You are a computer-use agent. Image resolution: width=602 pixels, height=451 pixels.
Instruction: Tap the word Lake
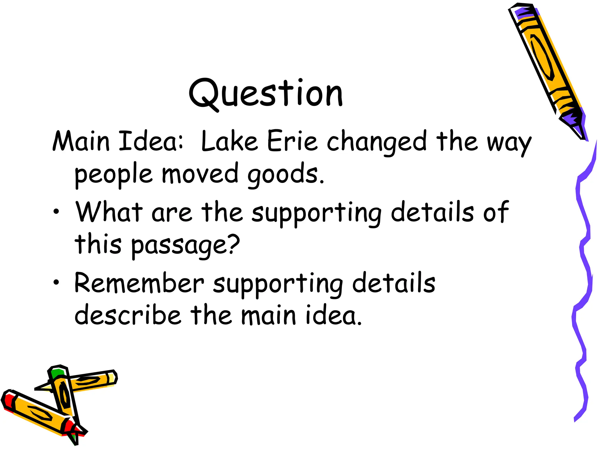(x=229, y=142)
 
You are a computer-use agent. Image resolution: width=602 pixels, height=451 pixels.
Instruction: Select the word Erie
(x=292, y=142)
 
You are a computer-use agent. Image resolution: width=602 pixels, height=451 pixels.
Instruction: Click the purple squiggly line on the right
(x=583, y=264)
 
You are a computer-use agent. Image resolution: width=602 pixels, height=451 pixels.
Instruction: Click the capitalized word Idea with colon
(x=151, y=142)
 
